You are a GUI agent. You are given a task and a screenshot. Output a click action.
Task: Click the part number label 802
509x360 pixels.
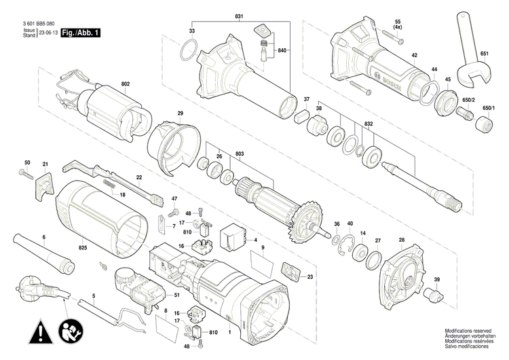[125, 84]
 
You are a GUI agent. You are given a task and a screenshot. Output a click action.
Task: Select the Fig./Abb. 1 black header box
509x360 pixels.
[79, 33]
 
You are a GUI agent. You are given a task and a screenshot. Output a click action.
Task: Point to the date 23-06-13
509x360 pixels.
[48, 33]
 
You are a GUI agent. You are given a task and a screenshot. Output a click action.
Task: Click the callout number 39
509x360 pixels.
[436, 280]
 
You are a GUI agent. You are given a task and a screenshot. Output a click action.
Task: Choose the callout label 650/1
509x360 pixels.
[488, 108]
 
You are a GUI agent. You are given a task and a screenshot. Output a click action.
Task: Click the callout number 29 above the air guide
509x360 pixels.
[181, 113]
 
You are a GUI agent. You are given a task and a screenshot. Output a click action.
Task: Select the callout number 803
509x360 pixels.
[239, 155]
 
